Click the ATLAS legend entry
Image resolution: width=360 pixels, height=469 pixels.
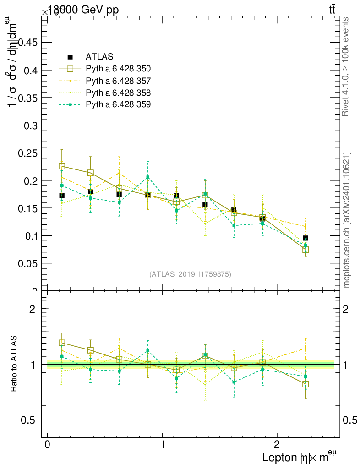coord(99,57)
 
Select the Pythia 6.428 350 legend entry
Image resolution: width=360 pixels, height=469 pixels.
coord(118,69)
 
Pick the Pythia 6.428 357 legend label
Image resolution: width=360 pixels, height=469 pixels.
coord(118,81)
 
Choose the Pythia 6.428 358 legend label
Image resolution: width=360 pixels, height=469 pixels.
coord(118,93)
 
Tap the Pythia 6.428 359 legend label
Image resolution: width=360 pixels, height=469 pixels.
coord(118,105)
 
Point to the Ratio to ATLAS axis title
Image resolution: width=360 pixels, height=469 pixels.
coord(14,364)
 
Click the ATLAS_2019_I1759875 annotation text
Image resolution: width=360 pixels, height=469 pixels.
coord(190,274)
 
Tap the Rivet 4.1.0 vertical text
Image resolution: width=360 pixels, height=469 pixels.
coord(346,66)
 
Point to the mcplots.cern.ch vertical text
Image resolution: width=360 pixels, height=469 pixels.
coord(347,220)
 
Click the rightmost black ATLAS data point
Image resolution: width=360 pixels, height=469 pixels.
coord(305,238)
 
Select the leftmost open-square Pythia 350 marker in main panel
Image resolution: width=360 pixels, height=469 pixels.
coord(62,166)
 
